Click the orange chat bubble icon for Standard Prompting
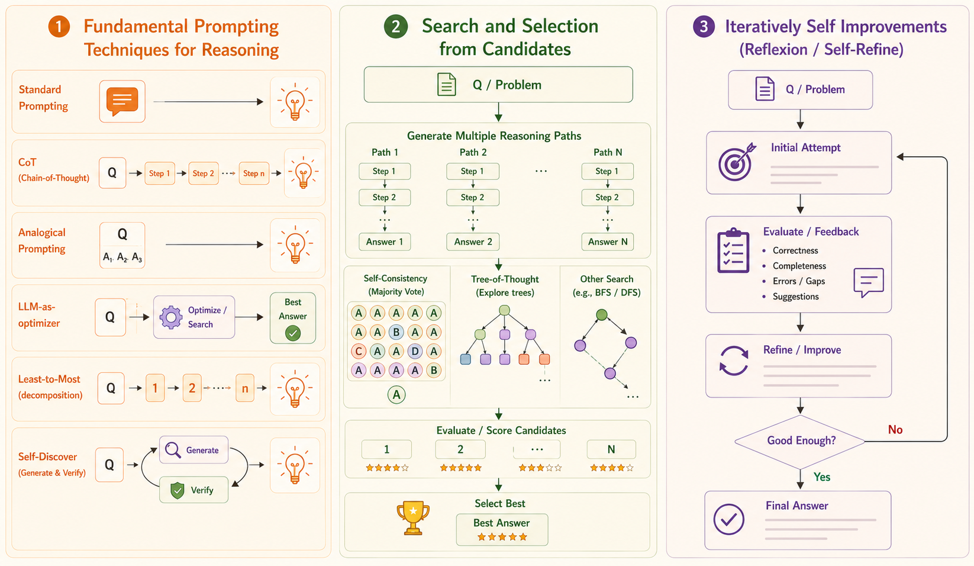pos(122,101)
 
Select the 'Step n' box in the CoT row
pos(254,173)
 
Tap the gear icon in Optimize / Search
pos(171,317)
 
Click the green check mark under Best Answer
pos(293,333)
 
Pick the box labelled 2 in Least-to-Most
pos(192,388)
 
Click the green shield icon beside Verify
pos(178,490)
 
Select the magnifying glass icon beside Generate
pos(173,451)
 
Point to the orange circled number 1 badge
pos(59,26)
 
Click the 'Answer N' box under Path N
pos(608,242)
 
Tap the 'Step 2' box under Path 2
pos(473,198)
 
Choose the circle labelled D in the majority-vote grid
pos(415,351)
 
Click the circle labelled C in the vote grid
pos(358,351)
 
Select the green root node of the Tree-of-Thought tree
pos(504,310)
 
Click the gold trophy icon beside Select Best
pos(412,517)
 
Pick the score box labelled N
pos(611,449)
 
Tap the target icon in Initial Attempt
pos(736,162)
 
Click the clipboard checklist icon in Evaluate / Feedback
pos(733,250)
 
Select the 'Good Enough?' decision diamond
pos(800,441)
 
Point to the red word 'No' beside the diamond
pos(895,430)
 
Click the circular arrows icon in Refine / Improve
pos(734,361)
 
